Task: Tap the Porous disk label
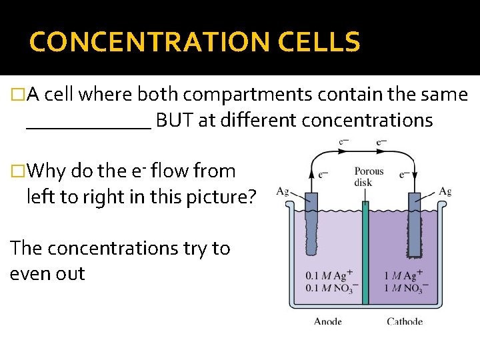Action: pos(369,177)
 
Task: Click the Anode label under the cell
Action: pos(328,321)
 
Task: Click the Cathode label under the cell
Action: pos(405,321)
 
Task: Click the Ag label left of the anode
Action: pos(282,192)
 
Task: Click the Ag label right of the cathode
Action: pos(445,192)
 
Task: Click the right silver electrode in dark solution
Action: pos(417,223)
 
